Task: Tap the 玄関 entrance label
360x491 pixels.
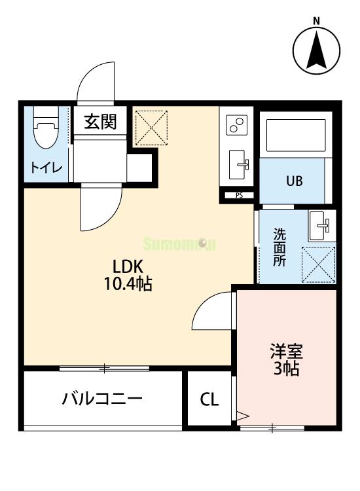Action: point(99,122)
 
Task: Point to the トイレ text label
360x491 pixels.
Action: point(45,168)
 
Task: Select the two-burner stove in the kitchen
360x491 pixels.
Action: point(236,124)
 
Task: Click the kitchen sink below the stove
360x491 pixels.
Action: point(237,163)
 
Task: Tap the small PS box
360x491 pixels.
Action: point(238,194)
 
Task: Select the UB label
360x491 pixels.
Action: point(293,181)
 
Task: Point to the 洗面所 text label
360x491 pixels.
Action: point(279,246)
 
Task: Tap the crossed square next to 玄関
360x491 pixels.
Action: point(151,128)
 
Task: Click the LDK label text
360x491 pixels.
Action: point(128,266)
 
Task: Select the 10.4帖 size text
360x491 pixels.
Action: point(128,285)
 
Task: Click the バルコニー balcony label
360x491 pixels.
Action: point(102,398)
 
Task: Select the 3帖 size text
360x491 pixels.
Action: point(286,369)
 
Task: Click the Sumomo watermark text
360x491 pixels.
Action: point(179,244)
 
